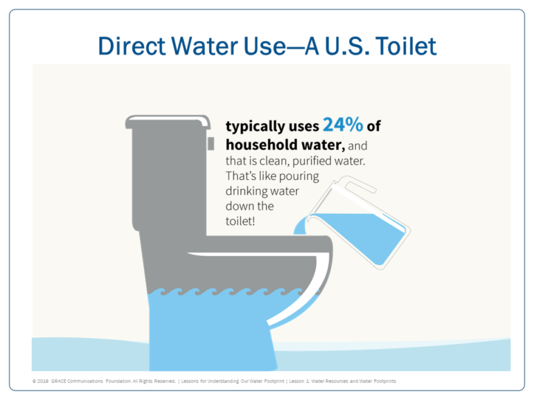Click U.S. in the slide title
[x=346, y=46]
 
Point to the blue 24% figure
[x=343, y=125]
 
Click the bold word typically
[x=256, y=127]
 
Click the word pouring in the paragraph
[x=299, y=176]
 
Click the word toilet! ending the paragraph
[x=240, y=221]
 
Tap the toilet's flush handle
[x=211, y=143]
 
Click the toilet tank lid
[x=168, y=122]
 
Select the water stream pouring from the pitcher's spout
[x=300, y=227]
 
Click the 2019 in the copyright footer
[x=42, y=381]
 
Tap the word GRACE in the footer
[x=58, y=381]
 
